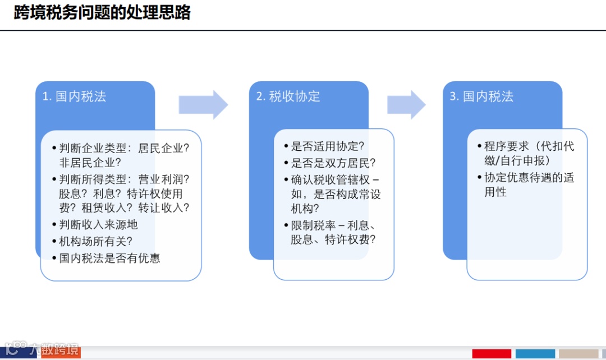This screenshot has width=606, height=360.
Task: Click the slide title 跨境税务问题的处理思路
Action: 102,12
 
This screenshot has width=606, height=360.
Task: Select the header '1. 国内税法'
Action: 74,96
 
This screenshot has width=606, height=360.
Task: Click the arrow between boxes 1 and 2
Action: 203,104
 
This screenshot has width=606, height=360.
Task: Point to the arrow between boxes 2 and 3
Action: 406,104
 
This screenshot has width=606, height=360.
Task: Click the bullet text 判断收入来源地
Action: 98,224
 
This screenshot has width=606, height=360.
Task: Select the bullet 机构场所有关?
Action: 95,241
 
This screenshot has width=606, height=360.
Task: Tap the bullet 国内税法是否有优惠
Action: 109,258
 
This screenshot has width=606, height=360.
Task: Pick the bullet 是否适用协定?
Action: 328,146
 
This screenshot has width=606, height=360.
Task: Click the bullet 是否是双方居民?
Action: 333,163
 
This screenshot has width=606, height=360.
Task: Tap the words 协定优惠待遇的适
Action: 529,178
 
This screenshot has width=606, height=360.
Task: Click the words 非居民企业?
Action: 90,163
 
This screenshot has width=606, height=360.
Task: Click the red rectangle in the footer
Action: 492,354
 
